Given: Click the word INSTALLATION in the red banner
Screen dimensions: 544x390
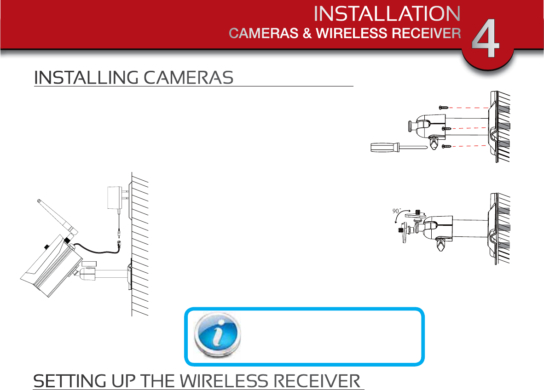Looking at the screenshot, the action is pos(387,14).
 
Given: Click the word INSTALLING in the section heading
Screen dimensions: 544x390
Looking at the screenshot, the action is pos(86,78).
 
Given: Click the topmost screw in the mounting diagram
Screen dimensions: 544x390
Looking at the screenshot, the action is pos(444,107).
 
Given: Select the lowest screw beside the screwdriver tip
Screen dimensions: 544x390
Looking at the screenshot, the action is pos(446,146).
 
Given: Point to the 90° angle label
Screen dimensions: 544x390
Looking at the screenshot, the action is pos(397,211).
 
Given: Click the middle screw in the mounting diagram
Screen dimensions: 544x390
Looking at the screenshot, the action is pos(446,129).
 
